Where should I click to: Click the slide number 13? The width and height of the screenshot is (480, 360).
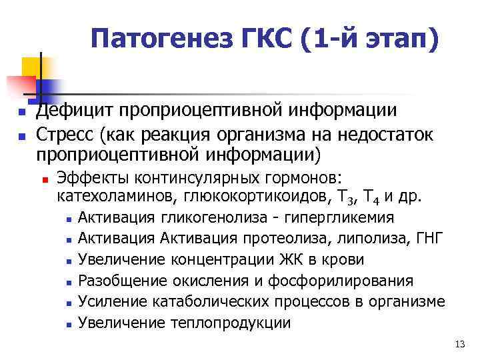click(x=458, y=344)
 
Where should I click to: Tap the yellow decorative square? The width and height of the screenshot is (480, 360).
click(x=31, y=67)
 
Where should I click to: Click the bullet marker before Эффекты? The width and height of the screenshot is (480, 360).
click(x=45, y=179)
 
